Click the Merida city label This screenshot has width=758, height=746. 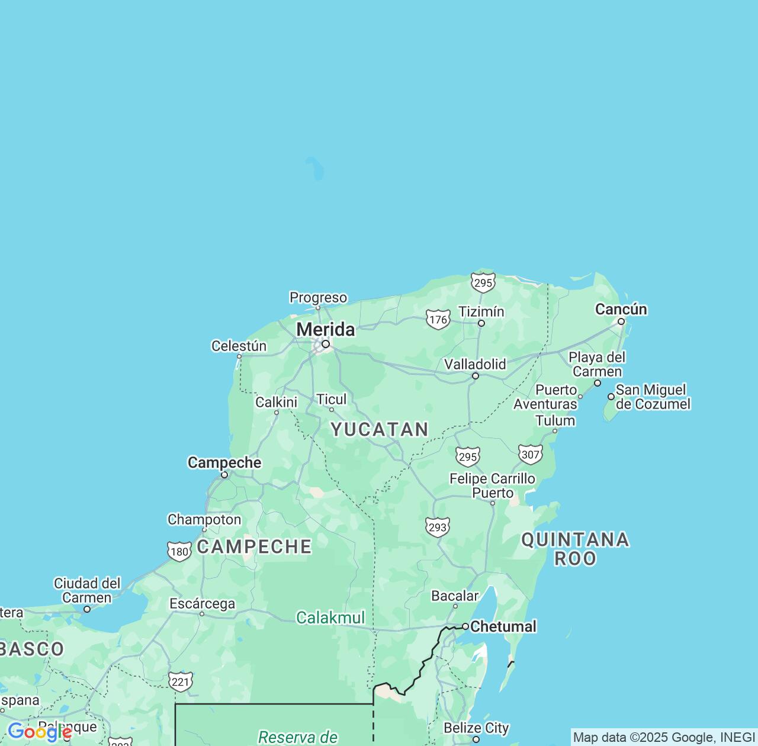tap(326, 329)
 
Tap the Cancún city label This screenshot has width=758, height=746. tap(621, 309)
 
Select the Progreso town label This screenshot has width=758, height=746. tap(318, 297)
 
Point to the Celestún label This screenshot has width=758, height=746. tap(239, 346)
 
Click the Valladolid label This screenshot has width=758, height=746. tap(475, 364)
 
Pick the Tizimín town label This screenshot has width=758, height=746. tap(481, 311)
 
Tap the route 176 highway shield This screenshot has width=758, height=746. tap(438, 320)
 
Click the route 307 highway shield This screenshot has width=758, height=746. tap(531, 455)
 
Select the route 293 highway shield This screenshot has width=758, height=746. tap(438, 528)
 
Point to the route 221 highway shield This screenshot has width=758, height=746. tap(180, 682)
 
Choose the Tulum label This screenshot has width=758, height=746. tap(555, 421)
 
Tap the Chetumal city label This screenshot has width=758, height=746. tap(503, 626)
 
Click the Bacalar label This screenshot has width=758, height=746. tap(455, 596)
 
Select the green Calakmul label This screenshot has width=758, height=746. tap(330, 618)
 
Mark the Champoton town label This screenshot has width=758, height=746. tap(204, 520)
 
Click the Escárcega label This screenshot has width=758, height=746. tap(202, 604)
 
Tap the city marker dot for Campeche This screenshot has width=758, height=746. tap(224, 475)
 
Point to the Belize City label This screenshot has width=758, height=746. tap(476, 728)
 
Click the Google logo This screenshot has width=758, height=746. tap(39, 732)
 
